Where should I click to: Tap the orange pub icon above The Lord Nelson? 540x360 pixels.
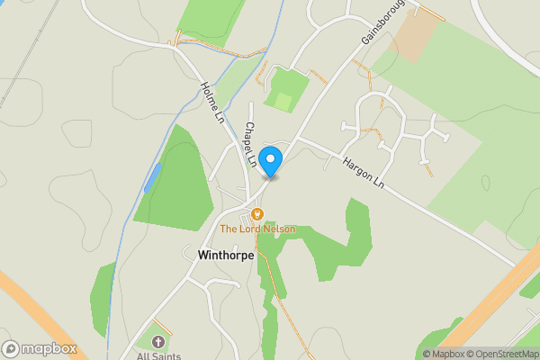pyautogui.click(x=257, y=214)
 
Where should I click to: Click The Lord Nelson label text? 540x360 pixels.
pyautogui.click(x=257, y=229)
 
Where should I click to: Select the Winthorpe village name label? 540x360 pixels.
pyautogui.click(x=225, y=255)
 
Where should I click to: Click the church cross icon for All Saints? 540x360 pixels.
pyautogui.click(x=158, y=342)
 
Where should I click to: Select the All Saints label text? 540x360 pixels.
pyautogui.click(x=158, y=355)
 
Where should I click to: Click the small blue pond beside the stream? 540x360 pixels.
pyautogui.click(x=151, y=177)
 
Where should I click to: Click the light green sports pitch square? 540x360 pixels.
pyautogui.click(x=283, y=102)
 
